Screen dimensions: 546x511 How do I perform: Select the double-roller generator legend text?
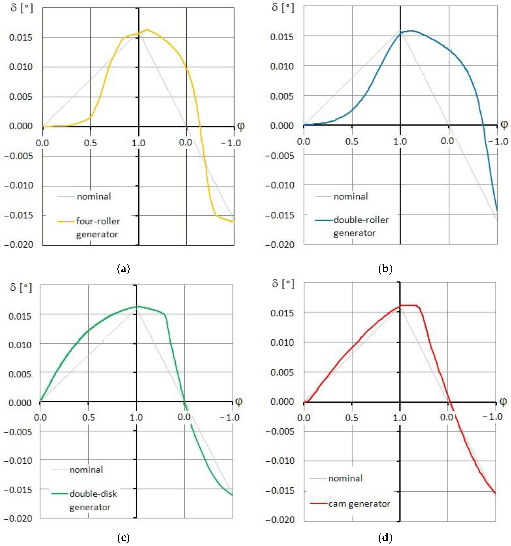tap(361, 226)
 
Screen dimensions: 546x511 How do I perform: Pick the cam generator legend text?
tap(359, 504)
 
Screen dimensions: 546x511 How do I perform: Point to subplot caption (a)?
tap(123, 268)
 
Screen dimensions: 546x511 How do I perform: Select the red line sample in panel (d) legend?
tap(319, 504)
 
